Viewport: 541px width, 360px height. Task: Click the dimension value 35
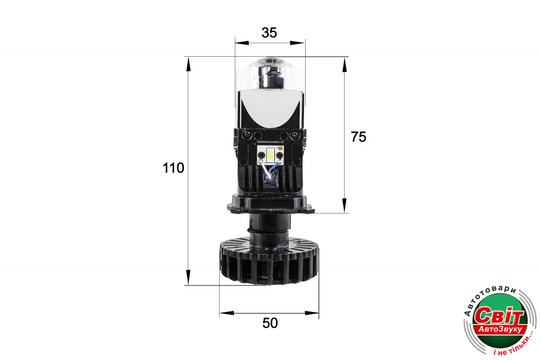point(269,32)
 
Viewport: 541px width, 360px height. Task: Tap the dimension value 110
point(173,168)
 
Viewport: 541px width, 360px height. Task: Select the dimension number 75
point(359,137)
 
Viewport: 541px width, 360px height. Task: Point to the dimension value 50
point(270,323)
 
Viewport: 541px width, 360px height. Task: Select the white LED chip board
point(270,154)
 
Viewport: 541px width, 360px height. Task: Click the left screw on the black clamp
point(248,134)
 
